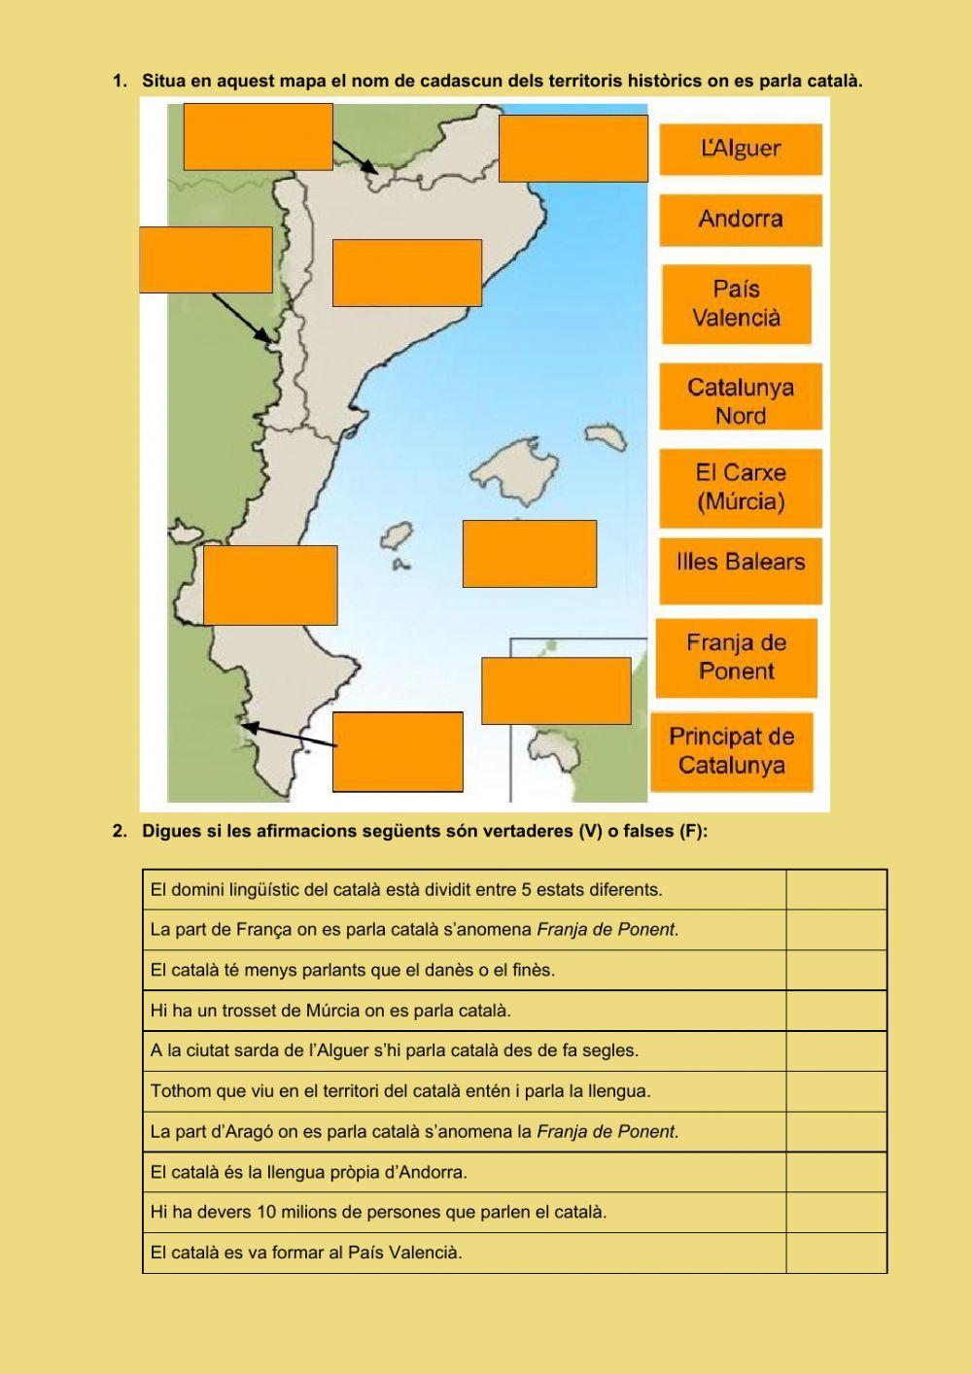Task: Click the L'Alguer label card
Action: click(741, 149)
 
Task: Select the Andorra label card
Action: click(741, 219)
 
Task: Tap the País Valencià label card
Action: click(737, 303)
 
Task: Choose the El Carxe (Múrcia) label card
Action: click(741, 487)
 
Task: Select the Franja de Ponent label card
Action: click(737, 657)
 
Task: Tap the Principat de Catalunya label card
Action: click(732, 750)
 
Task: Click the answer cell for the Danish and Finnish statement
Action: click(836, 970)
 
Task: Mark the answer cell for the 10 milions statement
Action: click(836, 1212)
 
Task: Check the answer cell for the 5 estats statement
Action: click(836, 889)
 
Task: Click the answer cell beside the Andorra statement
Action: click(836, 1172)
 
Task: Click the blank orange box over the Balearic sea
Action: click(529, 554)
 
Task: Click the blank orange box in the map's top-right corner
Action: click(573, 149)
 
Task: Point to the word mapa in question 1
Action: click(300, 81)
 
